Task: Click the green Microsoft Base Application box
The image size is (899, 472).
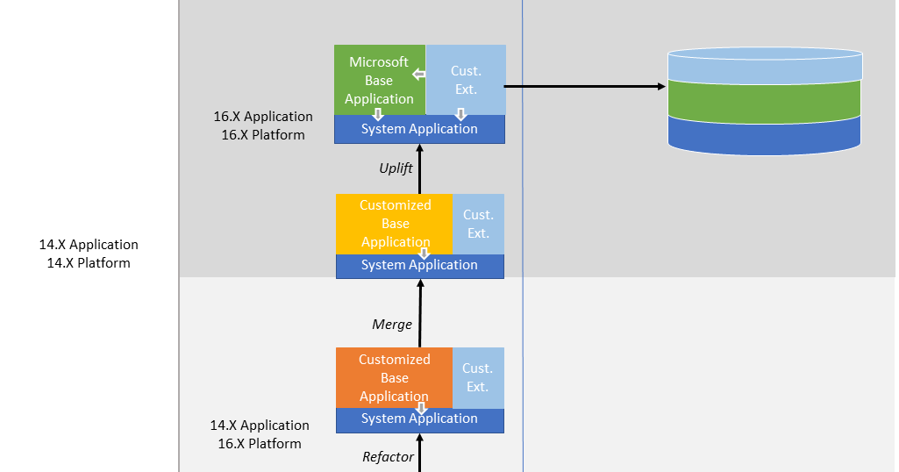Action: click(x=379, y=80)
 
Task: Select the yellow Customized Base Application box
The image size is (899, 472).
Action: click(x=394, y=223)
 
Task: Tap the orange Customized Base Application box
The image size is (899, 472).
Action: click(x=394, y=377)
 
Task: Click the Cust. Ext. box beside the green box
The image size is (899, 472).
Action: click(x=466, y=80)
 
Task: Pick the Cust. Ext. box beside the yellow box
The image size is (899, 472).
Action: click(x=478, y=224)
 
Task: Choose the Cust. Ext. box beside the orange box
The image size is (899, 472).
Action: click(x=478, y=377)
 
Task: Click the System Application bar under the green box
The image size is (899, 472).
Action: click(x=419, y=129)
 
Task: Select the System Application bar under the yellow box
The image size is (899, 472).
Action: click(x=419, y=265)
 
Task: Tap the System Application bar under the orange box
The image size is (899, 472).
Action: click(x=419, y=419)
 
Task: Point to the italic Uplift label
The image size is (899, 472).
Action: click(x=396, y=168)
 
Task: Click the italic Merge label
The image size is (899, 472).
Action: click(x=391, y=325)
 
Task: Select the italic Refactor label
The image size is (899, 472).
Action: click(x=388, y=456)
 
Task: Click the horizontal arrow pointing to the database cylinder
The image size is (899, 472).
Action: click(x=584, y=86)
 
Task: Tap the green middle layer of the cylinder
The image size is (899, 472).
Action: click(x=764, y=99)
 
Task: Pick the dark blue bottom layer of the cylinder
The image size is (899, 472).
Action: click(x=764, y=136)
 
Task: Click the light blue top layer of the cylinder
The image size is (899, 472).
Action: click(x=764, y=65)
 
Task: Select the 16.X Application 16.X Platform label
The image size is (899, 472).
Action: click(x=263, y=125)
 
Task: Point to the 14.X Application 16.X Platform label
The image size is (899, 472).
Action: click(x=260, y=434)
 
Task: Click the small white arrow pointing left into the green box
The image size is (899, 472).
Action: click(x=418, y=75)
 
